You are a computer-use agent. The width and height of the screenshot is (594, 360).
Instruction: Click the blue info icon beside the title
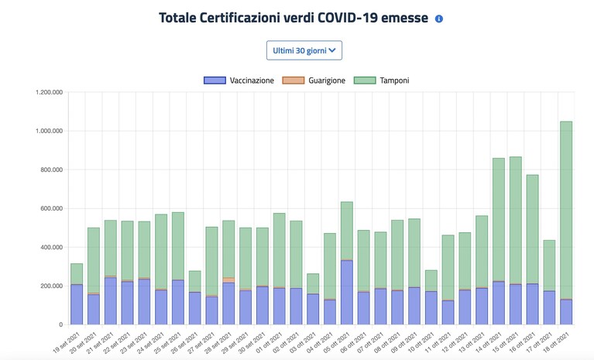pos(438,19)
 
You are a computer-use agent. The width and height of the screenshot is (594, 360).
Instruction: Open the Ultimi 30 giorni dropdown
pos(304,50)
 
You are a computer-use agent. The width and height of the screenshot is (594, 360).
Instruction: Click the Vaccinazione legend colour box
pos(215,81)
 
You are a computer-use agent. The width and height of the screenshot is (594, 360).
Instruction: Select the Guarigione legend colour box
pos(294,81)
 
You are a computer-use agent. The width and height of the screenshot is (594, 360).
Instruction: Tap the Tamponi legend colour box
pos(365,81)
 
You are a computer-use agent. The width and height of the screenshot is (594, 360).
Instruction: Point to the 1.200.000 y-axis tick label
pos(50,92)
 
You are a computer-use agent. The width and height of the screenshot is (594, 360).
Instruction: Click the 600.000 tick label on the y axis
pos(52,208)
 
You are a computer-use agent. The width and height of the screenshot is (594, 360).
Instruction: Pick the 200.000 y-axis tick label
pos(52,286)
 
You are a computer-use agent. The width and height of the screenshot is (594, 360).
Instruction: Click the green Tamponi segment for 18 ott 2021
pos(566,210)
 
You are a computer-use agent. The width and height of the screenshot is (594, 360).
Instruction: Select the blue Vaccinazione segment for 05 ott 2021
pos(347,292)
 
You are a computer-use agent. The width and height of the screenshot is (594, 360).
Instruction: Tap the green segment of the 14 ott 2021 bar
pos(499,220)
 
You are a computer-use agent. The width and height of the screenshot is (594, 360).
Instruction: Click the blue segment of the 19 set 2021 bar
pos(77,304)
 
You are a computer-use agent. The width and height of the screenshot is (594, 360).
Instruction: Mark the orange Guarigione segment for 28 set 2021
pos(228,280)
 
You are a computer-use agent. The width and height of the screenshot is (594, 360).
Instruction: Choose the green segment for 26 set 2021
pos(194,281)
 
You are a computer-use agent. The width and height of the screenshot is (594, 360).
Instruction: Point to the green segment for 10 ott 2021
pos(431,280)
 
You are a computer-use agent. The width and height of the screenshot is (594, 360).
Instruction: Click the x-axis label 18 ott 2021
pos(557,343)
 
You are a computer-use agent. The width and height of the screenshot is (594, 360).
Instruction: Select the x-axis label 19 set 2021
pos(67,343)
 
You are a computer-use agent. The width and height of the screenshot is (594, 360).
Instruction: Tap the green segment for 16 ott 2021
pos(532,229)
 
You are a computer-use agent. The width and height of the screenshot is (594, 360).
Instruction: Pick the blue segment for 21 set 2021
pos(110,301)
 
